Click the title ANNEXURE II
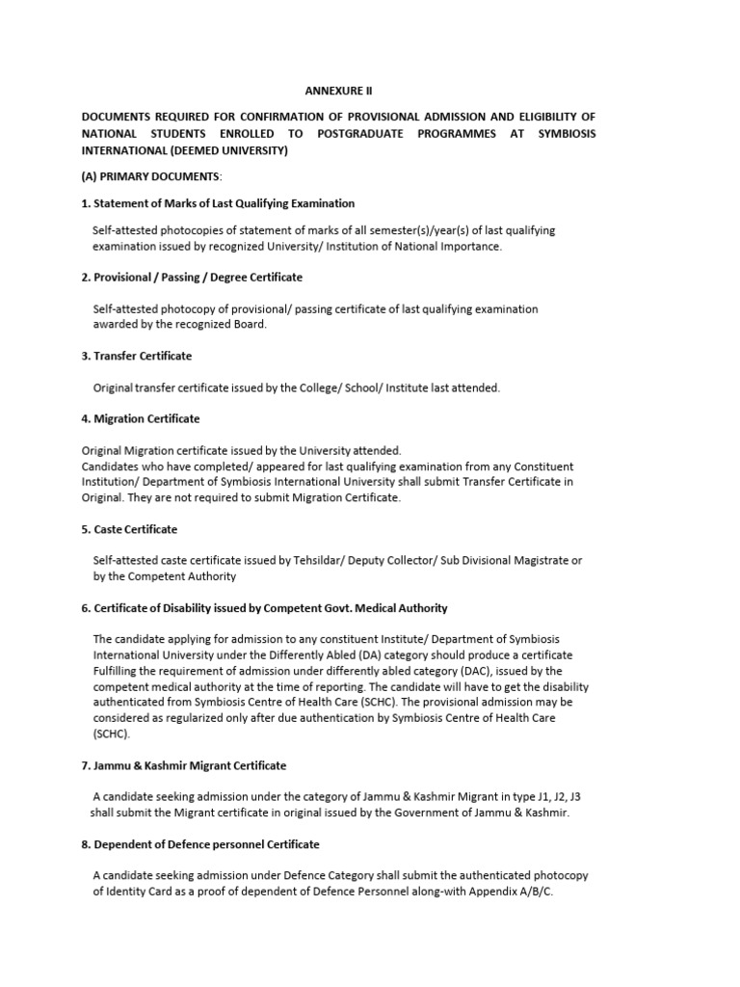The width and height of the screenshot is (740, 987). click(338, 91)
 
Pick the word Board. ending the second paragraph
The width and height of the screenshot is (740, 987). click(244, 325)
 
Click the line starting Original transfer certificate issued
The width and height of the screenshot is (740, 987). click(296, 387)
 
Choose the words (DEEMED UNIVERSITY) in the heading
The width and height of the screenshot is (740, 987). click(227, 151)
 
